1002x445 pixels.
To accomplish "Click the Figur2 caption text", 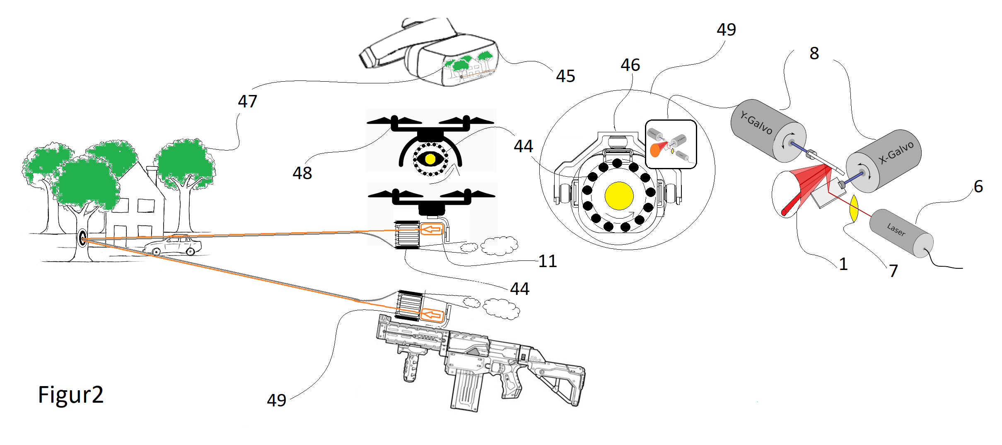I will pos(70,394).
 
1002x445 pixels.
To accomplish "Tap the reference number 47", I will pos(247,102).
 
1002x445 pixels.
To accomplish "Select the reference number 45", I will pos(565,76).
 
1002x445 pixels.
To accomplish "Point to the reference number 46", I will pos(630,65).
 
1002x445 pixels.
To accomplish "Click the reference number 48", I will pos(302,173).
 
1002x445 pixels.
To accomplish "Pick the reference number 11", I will pos(548,261).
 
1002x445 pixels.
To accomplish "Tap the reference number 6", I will pos(978,187).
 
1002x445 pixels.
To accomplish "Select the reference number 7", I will pos(893,271).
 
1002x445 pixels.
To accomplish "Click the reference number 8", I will pos(814,53).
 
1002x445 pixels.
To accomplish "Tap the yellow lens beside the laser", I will pos(853,209).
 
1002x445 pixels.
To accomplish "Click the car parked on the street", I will pos(173,245).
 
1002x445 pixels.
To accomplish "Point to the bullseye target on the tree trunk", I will pos(82,238).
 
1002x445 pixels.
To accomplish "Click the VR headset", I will pos(435,54).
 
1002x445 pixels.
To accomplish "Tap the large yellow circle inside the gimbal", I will pos(619,196).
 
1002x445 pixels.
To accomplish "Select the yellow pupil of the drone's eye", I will pos(430,159).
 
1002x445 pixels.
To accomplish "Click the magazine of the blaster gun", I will pos(466,390).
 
